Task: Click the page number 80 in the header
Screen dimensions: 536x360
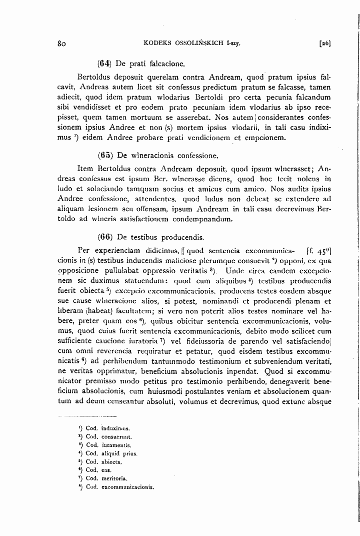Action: [x=62, y=44]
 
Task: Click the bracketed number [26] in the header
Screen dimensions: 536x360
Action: [x=324, y=44]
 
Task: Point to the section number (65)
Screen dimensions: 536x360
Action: [x=105, y=155]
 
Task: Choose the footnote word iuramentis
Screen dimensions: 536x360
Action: [x=116, y=445]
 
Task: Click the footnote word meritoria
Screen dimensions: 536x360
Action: [x=114, y=478]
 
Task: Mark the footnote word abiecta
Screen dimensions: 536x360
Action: [x=112, y=461]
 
